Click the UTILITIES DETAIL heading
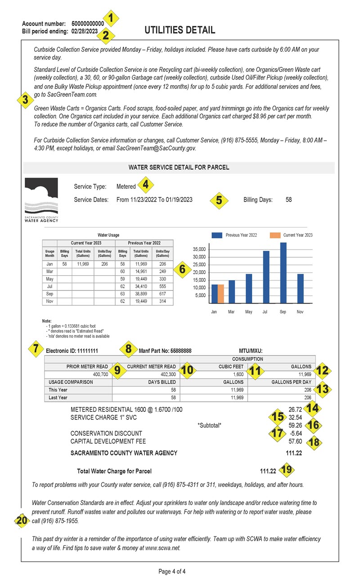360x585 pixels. [x=180, y=30]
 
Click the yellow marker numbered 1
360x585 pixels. [x=113, y=18]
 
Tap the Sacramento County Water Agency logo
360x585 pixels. [x=41, y=200]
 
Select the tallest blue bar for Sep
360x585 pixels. [x=283, y=272]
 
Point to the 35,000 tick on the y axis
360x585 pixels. [x=198, y=249]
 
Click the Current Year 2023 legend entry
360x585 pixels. [x=291, y=235]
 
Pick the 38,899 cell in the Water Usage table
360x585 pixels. [x=141, y=293]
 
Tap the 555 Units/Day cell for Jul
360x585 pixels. [x=162, y=285]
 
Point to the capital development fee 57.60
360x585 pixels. [x=295, y=441]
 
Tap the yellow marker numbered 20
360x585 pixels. [x=21, y=520]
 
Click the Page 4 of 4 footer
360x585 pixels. [x=172, y=572]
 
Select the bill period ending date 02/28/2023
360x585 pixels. [x=85, y=31]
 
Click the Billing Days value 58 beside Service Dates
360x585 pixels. [x=288, y=200]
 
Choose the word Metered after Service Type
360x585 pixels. [x=126, y=187]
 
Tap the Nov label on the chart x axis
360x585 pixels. [x=300, y=311]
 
